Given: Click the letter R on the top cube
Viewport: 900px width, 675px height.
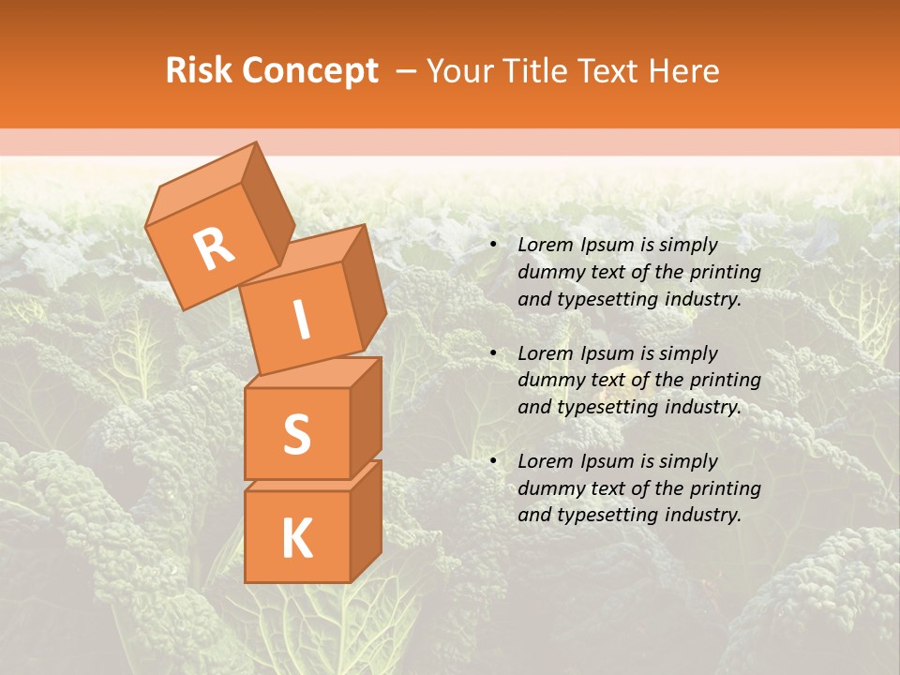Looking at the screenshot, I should pyautogui.click(x=214, y=250).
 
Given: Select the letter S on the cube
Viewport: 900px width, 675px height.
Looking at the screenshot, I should pyautogui.click(x=296, y=435).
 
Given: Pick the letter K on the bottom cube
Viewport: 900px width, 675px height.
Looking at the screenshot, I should pyautogui.click(x=296, y=539).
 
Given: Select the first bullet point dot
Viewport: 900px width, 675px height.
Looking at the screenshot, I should pyautogui.click(x=494, y=246).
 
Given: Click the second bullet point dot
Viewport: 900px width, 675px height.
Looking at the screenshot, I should pyautogui.click(x=494, y=354).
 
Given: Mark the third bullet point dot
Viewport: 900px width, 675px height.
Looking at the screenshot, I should pyautogui.click(x=494, y=462).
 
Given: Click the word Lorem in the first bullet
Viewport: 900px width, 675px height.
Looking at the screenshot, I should pyautogui.click(x=544, y=245).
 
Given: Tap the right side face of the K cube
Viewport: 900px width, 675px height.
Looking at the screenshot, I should pyautogui.click(x=366, y=520).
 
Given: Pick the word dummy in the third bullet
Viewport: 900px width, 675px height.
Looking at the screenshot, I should pyautogui.click(x=547, y=488).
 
